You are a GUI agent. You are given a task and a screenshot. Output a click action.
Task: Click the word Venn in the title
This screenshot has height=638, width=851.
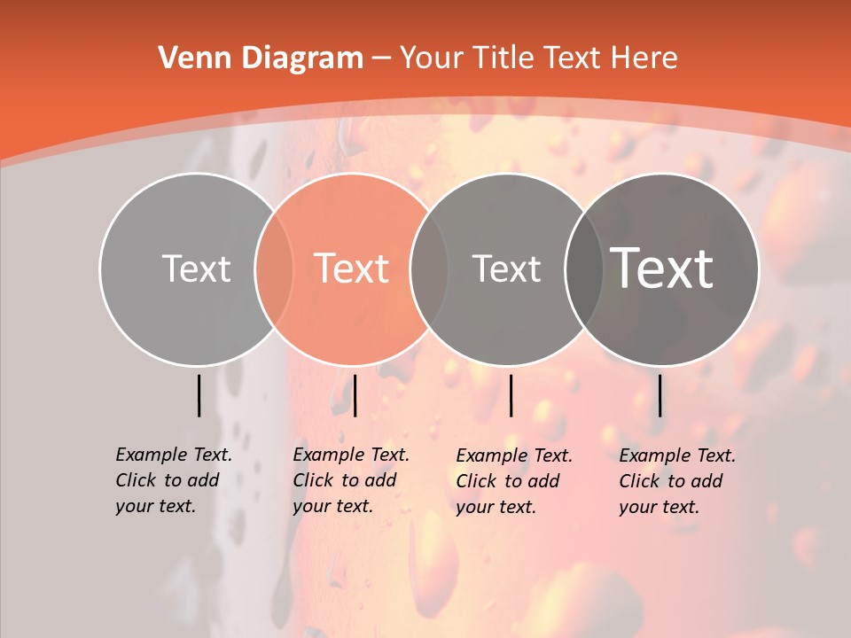[x=190, y=58]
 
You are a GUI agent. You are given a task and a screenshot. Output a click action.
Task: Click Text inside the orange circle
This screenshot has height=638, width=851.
[x=352, y=268]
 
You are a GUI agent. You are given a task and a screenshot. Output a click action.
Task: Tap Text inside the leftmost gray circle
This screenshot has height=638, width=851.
[x=196, y=268]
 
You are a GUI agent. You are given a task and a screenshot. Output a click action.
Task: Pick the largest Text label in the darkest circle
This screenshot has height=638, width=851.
[x=662, y=268]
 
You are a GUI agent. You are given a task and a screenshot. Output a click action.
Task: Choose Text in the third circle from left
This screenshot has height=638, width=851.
[x=506, y=268]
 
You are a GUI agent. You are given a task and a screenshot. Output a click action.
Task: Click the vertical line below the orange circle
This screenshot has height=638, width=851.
[x=355, y=395]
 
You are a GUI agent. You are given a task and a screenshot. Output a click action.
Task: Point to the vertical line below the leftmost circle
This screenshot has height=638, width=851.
[x=199, y=395]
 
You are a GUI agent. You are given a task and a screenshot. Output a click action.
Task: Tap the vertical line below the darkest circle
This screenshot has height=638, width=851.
[x=660, y=395]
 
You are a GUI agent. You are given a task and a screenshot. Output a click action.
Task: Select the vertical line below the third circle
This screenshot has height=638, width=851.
[x=511, y=395]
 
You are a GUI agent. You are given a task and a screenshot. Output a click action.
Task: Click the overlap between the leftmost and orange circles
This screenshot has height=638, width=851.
[x=274, y=268]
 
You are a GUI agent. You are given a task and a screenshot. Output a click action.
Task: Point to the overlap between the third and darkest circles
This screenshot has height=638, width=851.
[x=583, y=268]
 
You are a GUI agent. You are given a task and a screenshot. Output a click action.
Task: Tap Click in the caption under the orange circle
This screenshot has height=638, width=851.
[x=313, y=480]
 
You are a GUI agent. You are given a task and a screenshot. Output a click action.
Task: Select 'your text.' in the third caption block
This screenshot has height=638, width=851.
[x=496, y=507]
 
